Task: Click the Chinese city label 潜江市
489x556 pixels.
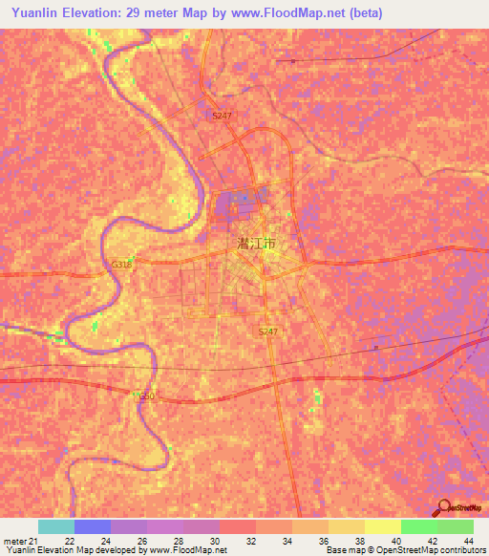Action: tap(255, 245)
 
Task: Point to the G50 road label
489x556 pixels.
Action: tap(145, 396)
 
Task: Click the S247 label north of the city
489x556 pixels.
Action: tap(223, 115)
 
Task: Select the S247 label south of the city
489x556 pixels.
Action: tap(268, 331)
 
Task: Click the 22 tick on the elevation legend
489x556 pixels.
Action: tap(69, 540)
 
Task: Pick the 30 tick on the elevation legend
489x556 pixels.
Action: tap(215, 540)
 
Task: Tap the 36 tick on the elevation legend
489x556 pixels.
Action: tap(325, 540)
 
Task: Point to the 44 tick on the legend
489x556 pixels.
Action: tap(468, 540)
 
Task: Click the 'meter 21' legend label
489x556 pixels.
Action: tap(20, 540)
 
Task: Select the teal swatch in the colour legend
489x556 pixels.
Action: tap(56, 526)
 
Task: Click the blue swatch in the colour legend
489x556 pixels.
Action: tap(93, 526)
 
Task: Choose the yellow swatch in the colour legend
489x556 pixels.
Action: tap(383, 526)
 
